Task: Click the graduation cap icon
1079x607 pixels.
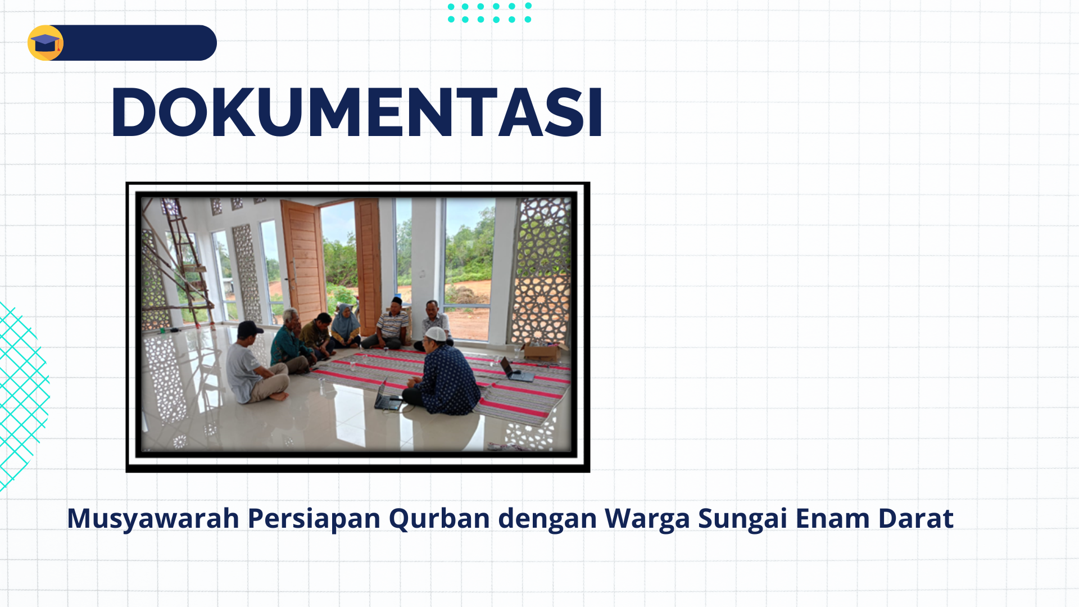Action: pos(46,43)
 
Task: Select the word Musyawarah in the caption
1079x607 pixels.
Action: pos(153,519)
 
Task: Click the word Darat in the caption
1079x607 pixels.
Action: pos(916,518)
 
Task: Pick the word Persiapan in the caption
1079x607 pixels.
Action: pos(314,519)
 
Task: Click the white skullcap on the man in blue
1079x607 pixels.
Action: pos(435,333)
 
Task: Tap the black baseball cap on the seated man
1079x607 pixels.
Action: pos(250,328)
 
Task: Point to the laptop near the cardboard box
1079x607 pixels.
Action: pos(515,370)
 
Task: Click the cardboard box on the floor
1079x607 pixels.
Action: pos(543,351)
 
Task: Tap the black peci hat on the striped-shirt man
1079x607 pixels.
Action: pos(396,301)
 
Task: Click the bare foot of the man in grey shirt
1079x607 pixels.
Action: pos(279,396)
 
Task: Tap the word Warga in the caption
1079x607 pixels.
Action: pos(647,519)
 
